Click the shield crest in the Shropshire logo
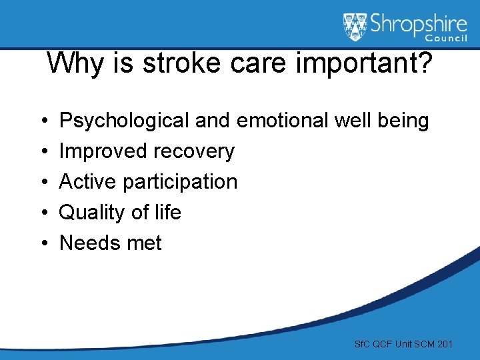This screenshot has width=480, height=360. click(x=355, y=27)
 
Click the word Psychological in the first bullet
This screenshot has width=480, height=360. click(x=125, y=121)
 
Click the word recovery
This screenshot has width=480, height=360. click(x=194, y=151)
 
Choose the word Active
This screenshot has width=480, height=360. click(x=89, y=181)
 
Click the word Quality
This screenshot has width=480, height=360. click(x=90, y=212)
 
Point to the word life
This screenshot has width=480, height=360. click(x=167, y=212)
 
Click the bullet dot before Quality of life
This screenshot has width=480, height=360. click(x=43, y=213)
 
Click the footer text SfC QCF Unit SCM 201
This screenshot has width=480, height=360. click(x=404, y=344)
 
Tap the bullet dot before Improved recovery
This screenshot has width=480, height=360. click(x=43, y=152)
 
